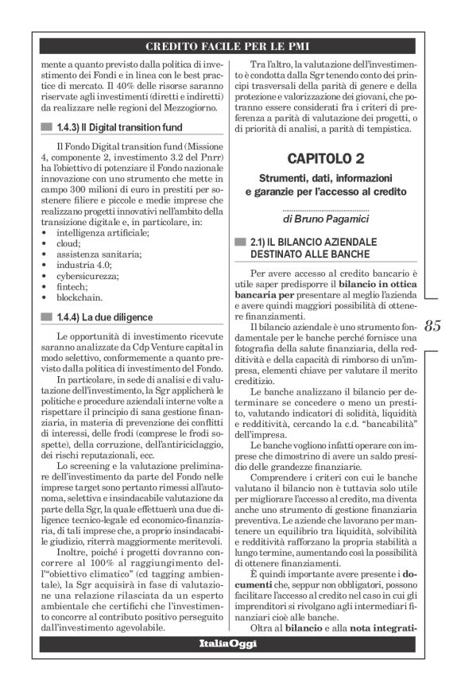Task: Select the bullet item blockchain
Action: [79, 297]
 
